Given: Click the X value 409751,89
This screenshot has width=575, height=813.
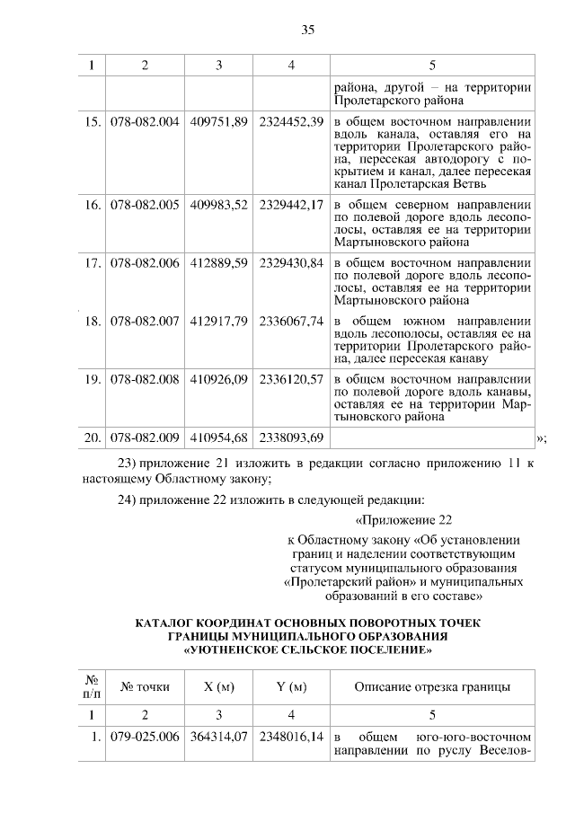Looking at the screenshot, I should coord(219,122).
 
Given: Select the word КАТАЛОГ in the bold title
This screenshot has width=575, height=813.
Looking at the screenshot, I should coord(171,623).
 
